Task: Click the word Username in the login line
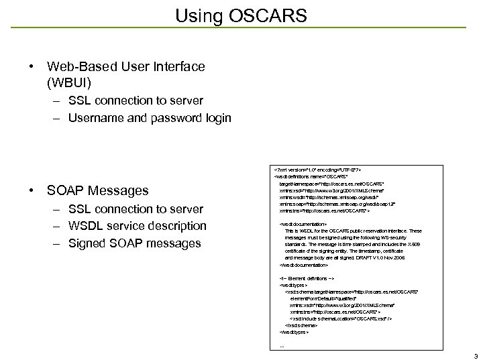click(97, 118)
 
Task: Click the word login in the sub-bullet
click(217, 118)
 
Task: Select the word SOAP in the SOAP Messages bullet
click(67, 191)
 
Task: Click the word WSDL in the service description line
click(87, 226)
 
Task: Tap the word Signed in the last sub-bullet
click(88, 243)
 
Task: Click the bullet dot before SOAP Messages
click(32, 191)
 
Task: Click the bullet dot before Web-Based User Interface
click(32, 66)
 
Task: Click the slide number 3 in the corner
click(475, 355)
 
